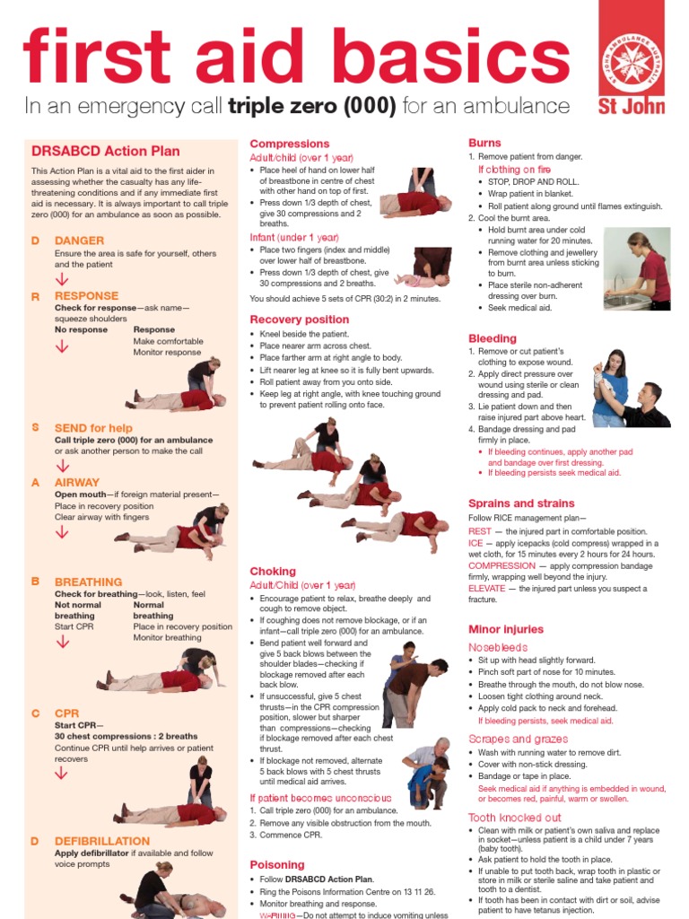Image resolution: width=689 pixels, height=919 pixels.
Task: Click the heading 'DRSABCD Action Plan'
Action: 105,152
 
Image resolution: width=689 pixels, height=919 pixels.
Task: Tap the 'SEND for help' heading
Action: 93,428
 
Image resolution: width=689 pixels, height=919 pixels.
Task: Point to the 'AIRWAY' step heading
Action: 77,482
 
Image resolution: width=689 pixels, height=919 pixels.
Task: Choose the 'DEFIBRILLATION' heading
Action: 102,841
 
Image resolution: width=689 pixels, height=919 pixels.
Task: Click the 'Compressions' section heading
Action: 289,144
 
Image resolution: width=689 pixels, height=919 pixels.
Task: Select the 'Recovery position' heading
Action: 299,319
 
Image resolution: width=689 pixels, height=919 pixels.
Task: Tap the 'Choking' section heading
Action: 273,571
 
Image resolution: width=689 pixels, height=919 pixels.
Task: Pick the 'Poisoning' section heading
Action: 277,865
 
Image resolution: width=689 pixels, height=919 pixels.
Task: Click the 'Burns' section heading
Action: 484,143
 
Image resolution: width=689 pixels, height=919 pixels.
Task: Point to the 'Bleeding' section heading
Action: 493,338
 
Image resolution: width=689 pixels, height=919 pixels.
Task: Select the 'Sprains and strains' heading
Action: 521,503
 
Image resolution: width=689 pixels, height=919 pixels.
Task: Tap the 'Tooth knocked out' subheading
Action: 515,818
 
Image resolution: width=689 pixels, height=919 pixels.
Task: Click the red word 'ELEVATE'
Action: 487,589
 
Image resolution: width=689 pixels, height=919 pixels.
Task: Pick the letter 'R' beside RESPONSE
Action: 36,296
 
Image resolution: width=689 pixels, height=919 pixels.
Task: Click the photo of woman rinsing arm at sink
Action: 636,268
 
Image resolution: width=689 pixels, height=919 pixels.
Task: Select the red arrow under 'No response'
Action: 62,347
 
